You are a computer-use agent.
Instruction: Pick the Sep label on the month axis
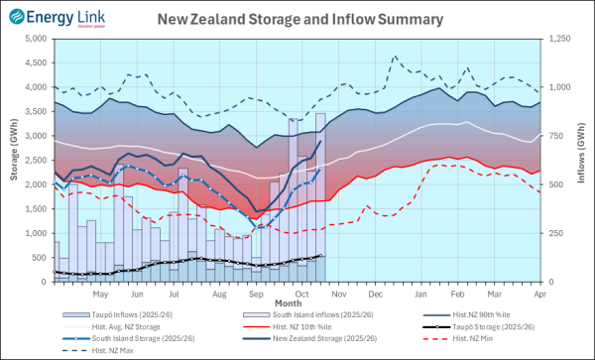tap(256, 295)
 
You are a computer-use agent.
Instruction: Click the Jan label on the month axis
tap(421, 295)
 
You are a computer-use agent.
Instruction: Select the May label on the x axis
tap(99, 295)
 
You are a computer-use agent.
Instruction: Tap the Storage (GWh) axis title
tap(11, 160)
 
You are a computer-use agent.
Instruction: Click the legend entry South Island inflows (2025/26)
tap(297, 314)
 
